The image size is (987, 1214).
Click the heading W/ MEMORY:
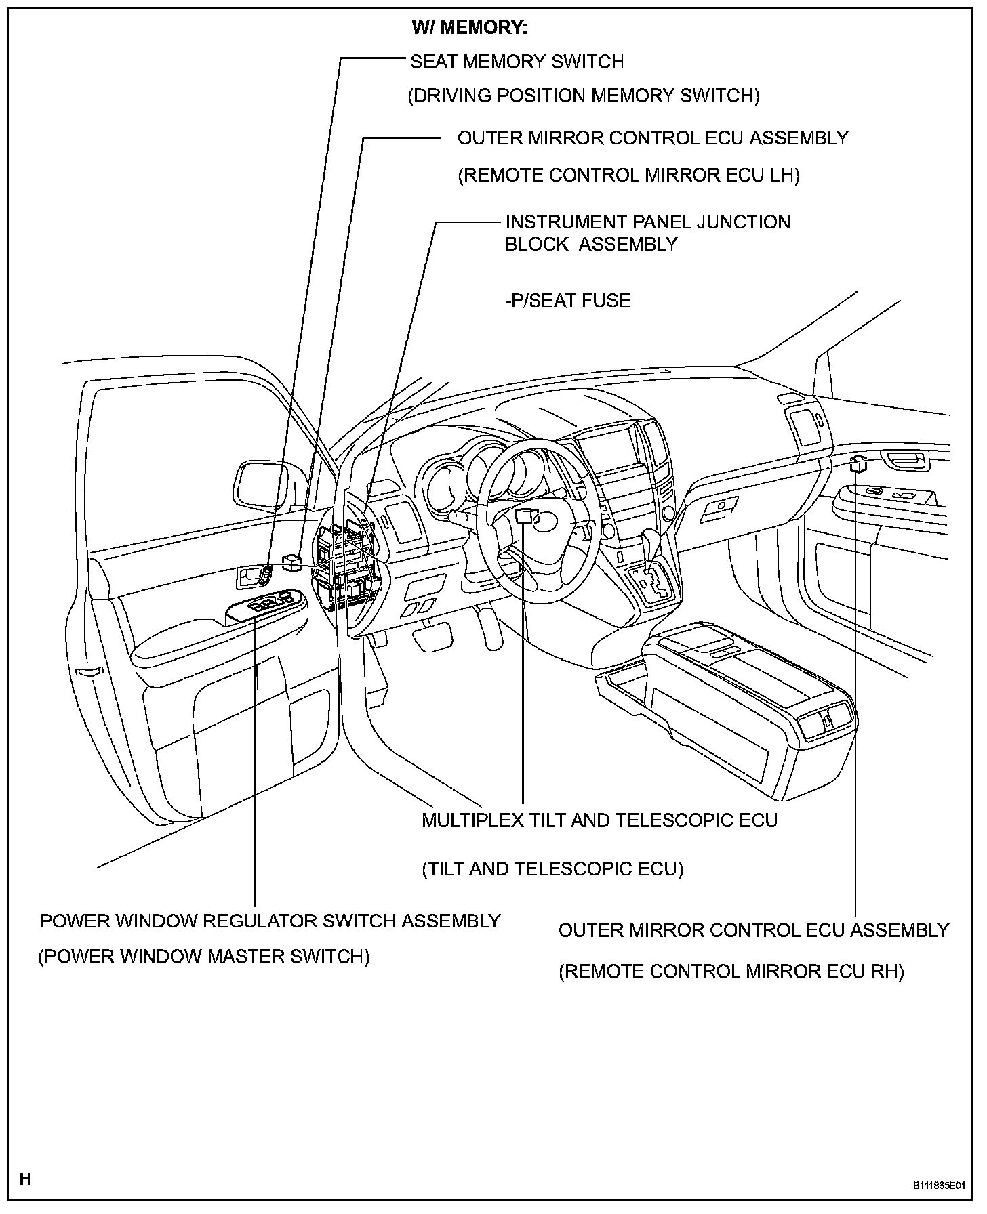469,28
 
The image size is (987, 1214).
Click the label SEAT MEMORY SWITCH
517,62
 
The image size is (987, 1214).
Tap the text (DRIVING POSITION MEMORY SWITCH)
583,96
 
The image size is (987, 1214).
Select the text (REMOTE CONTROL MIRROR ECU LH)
628,175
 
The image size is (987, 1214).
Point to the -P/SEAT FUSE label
567,300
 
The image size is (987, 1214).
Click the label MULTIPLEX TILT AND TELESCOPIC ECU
599,820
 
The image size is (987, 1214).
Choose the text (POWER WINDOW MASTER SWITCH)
204,957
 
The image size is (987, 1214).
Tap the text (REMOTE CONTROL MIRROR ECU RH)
731,971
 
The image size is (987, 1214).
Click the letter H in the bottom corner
25,1179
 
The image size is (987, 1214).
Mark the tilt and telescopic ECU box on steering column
525,516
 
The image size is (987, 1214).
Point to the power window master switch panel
266,603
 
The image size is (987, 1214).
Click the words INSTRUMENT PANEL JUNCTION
647,222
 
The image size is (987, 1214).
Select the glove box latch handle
721,505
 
